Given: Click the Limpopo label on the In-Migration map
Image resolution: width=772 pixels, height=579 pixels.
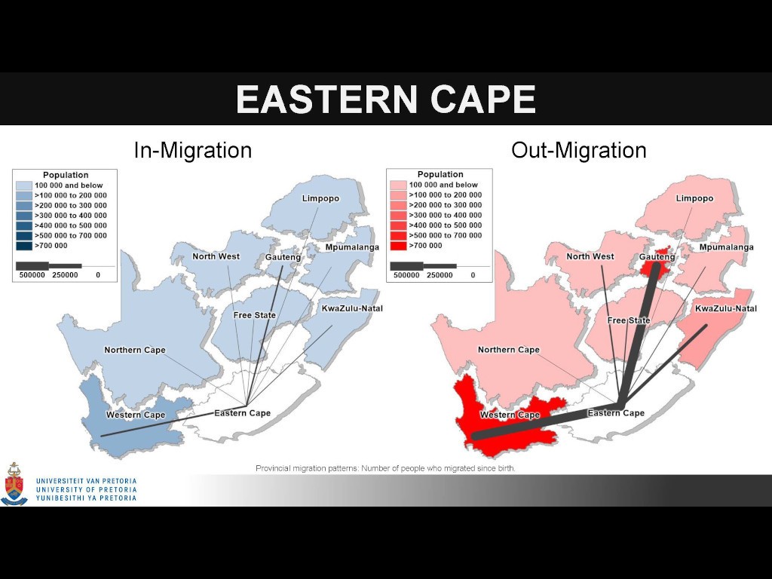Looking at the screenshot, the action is (x=320, y=198).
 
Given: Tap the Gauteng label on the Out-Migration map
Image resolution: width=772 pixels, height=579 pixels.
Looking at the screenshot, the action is (x=657, y=257).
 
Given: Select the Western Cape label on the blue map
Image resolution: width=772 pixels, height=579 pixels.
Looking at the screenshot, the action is (x=136, y=415).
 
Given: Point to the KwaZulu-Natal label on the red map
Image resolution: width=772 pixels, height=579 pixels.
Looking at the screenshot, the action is (x=726, y=308).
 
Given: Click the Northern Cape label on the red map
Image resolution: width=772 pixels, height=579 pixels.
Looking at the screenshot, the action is (x=509, y=350).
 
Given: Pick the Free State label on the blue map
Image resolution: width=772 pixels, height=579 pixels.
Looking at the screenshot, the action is (x=255, y=315).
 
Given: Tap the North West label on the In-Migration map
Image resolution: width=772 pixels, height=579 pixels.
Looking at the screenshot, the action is (x=216, y=256).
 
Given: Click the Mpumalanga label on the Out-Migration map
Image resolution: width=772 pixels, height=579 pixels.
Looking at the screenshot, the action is (x=726, y=247).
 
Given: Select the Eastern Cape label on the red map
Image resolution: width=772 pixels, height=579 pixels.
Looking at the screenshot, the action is (x=616, y=413).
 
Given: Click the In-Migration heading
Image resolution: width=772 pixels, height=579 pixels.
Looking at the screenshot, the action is (x=193, y=150).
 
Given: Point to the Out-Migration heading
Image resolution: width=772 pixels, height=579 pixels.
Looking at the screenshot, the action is (x=578, y=150).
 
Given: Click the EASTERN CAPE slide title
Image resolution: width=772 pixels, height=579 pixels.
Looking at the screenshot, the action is (x=386, y=99).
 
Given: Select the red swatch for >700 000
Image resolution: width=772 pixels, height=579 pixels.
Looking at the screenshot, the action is (x=398, y=246).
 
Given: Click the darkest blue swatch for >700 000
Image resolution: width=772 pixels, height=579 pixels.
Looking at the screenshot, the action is (x=24, y=246).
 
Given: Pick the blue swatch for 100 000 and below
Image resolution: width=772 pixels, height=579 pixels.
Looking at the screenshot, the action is (x=24, y=185).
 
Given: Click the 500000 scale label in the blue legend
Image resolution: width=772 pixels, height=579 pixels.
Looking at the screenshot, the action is (x=32, y=274).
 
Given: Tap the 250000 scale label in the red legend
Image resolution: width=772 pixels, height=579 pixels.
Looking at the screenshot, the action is (x=440, y=274).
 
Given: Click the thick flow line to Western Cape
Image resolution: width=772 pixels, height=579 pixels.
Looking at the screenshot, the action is (x=547, y=421).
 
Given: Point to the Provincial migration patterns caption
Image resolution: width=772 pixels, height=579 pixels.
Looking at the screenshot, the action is (x=385, y=468).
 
